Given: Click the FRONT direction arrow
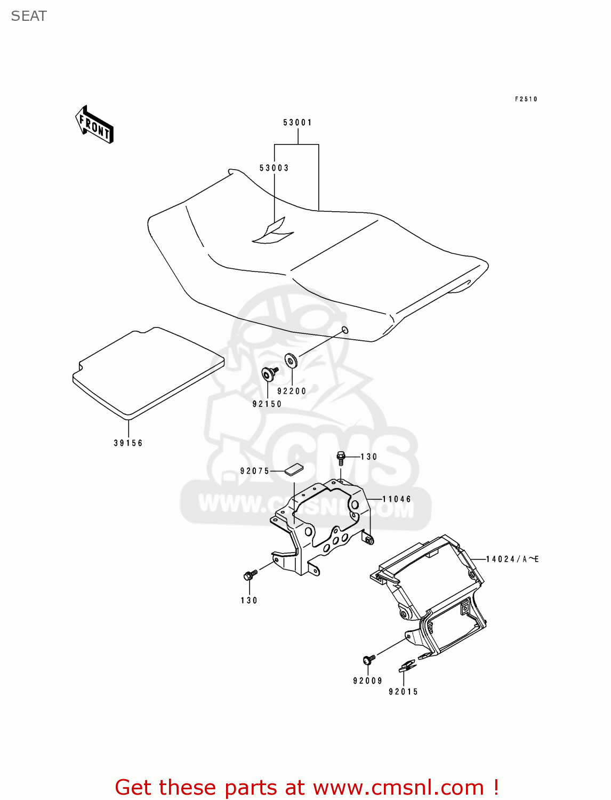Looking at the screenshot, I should coord(94,124).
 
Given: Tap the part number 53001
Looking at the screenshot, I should coord(298,123).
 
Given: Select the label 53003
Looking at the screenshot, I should coord(274,168).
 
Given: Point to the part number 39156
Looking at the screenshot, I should coord(128,443).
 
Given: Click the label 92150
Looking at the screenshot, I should coord(267,404).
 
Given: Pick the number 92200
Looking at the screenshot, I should coord(292,391).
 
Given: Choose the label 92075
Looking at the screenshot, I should coord(255,471).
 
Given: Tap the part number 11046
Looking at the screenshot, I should coord(397,499).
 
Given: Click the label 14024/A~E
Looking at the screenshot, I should coord(512,559).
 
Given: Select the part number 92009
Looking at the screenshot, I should coord(368,681).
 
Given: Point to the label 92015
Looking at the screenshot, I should coord(404,692).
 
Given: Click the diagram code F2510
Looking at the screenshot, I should coord(526,99).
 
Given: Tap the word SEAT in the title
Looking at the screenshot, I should coord(29,17).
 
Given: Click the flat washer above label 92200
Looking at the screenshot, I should coord(291,361).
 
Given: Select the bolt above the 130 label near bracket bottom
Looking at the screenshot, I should coord(250,575).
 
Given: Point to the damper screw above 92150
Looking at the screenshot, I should coord(269,373).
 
